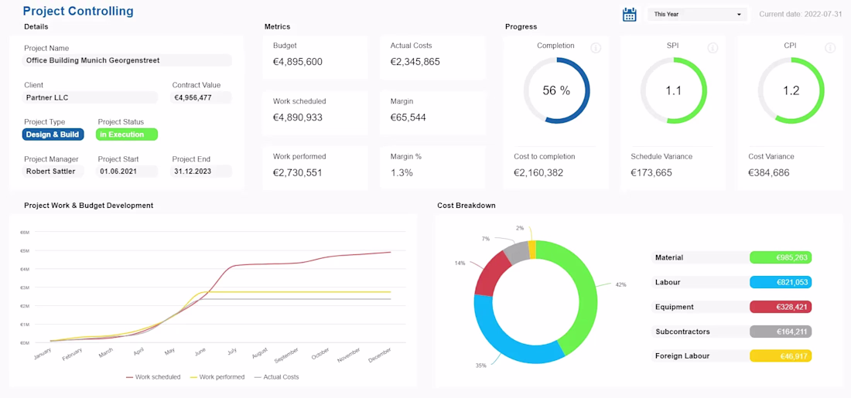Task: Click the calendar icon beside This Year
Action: coord(630,14)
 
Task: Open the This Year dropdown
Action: coord(697,14)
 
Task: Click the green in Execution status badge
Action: coord(127,134)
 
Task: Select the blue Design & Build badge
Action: coord(53,134)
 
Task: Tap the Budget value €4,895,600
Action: coord(298,62)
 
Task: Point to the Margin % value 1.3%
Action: coord(402,173)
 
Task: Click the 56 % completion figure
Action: coord(556,91)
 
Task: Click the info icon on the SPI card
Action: coord(713,48)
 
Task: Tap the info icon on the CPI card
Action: coord(830,48)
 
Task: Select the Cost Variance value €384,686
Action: coord(769,173)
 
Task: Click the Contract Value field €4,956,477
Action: coord(201,98)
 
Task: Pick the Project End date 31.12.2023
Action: coord(201,172)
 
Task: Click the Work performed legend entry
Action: coord(217,377)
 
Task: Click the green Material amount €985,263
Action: coord(781,257)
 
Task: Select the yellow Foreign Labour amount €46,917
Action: coord(781,356)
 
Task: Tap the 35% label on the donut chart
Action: coord(481,365)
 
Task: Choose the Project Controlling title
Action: coord(78,12)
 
